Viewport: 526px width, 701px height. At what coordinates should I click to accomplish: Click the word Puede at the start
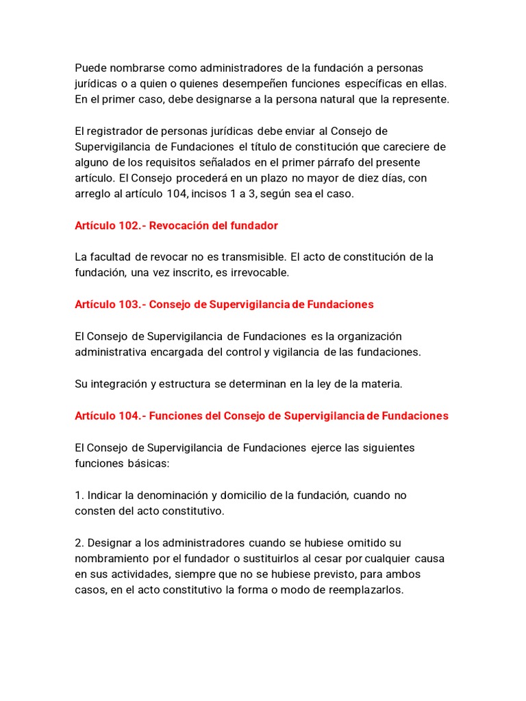[91, 68]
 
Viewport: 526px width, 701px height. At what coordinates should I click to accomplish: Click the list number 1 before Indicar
[79, 495]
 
